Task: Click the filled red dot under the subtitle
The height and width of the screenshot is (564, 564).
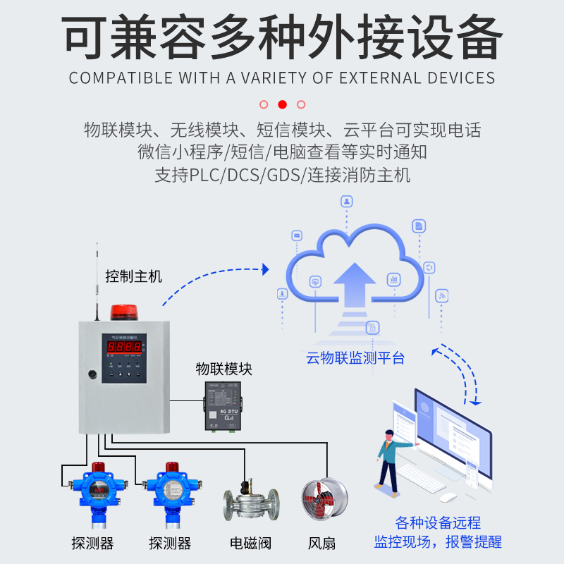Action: (283, 104)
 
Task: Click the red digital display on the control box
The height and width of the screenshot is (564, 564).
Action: (123, 347)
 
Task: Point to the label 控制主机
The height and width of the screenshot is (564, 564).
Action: (133, 276)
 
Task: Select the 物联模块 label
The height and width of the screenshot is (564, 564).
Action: (223, 369)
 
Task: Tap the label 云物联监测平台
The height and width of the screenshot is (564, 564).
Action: (355, 357)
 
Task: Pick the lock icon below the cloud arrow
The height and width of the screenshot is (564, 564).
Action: (372, 327)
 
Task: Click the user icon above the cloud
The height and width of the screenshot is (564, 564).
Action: (346, 202)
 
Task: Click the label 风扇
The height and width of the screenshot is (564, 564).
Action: (321, 544)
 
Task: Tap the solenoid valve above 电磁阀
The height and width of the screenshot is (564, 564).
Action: (250, 503)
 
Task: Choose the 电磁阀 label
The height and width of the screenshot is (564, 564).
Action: (250, 544)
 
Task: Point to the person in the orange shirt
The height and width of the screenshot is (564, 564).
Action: (389, 451)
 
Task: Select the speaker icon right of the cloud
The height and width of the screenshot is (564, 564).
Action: (429, 267)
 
